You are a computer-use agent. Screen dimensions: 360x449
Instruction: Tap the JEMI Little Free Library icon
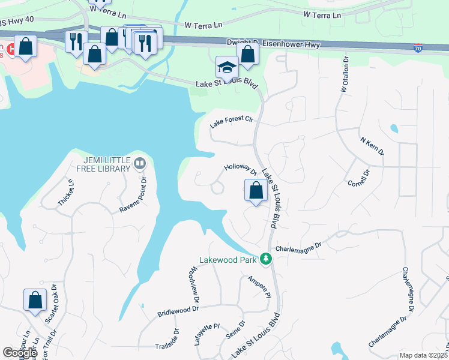coord(140,163)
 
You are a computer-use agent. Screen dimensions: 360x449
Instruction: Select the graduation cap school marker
coord(228,67)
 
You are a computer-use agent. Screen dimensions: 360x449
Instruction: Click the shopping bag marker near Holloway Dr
coord(256,191)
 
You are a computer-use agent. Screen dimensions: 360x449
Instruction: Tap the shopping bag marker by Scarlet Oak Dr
coord(35,300)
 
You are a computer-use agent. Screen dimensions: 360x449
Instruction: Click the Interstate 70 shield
coord(418,47)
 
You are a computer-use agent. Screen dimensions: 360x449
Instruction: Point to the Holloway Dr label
coord(241,170)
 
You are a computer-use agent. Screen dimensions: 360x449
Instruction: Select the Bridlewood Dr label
coord(178,311)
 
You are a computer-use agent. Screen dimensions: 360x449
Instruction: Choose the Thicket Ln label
coord(65,193)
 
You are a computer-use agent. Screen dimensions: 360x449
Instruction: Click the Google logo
coord(20,353)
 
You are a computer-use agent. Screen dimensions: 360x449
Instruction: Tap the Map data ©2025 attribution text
coord(424,355)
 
